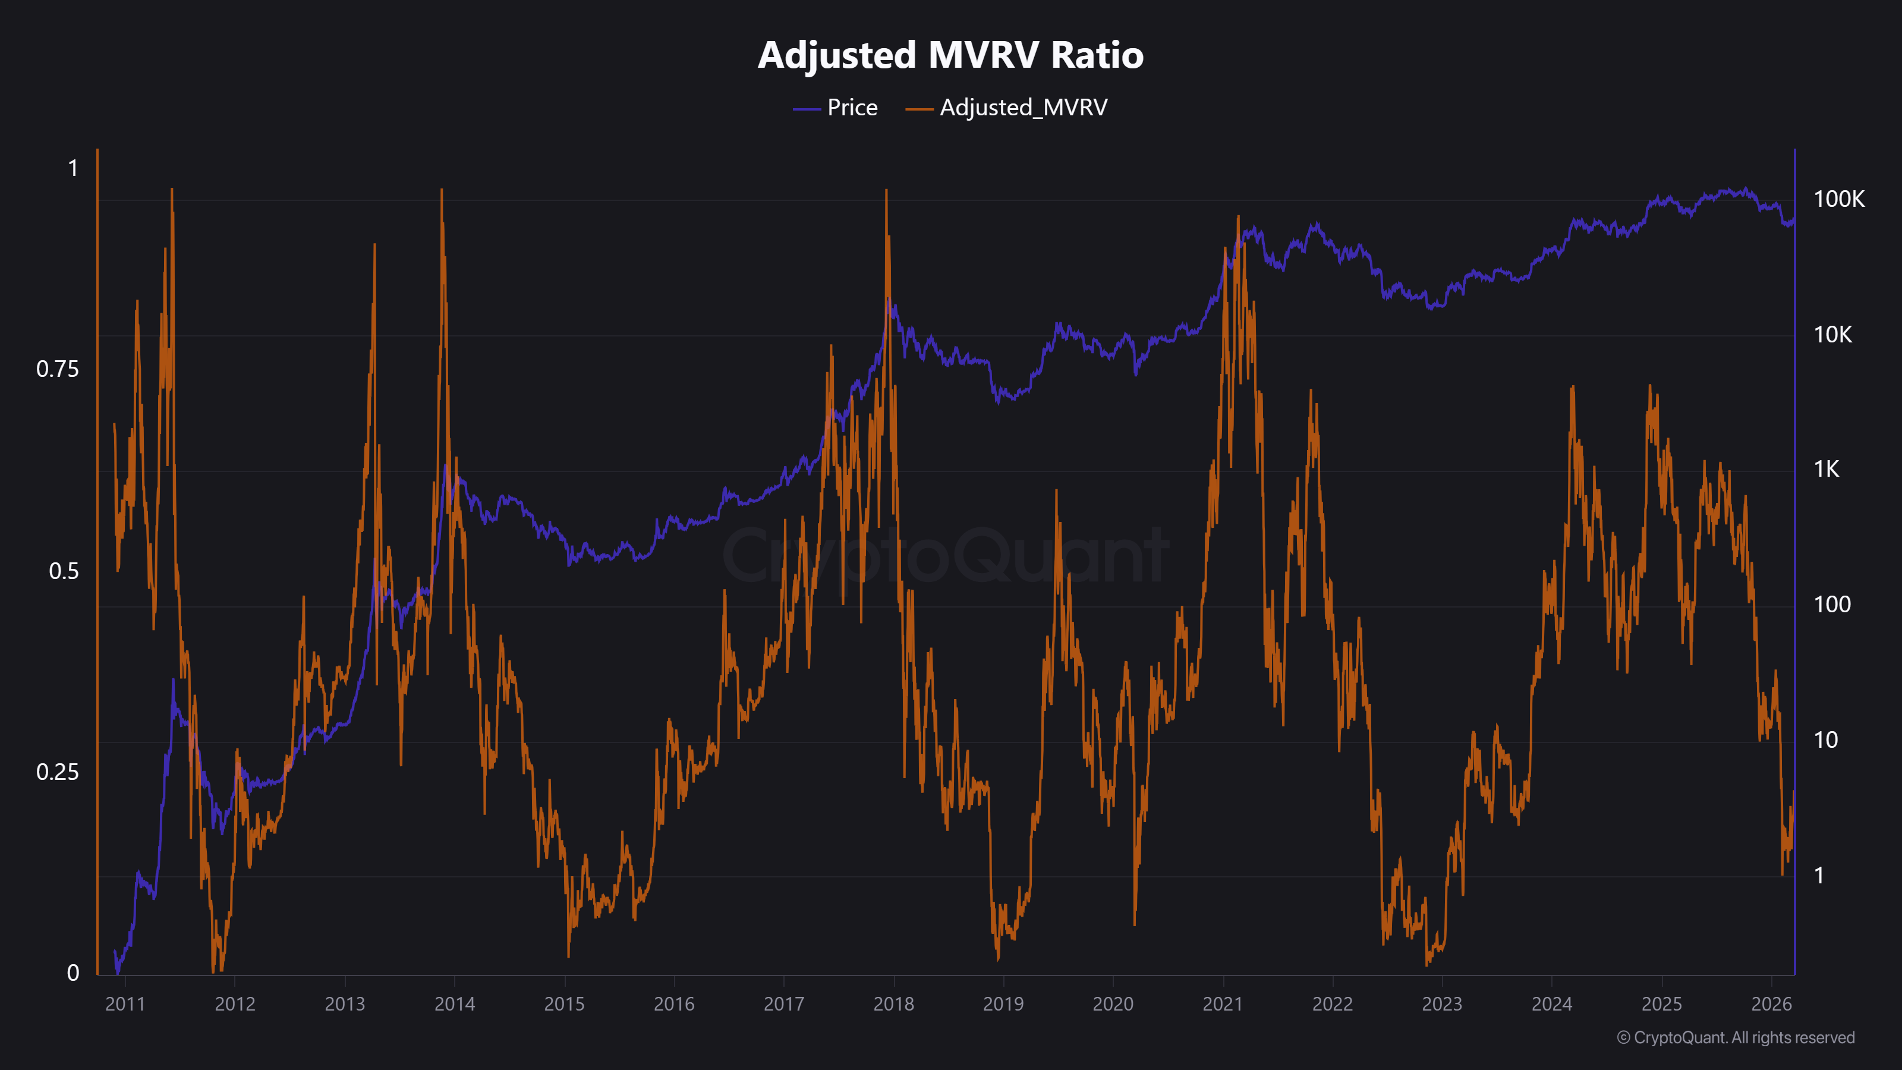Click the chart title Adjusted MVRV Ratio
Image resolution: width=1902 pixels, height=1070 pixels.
[950, 55]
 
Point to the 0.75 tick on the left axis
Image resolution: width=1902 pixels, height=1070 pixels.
[58, 369]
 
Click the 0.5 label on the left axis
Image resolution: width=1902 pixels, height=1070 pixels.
[64, 571]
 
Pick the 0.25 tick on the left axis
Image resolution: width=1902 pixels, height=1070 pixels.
[58, 772]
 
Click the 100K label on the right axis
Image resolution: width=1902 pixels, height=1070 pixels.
[1838, 199]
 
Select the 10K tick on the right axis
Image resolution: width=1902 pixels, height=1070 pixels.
[1832, 335]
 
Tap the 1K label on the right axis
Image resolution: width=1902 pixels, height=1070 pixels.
[1827, 470]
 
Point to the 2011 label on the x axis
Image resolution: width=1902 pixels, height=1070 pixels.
[125, 1004]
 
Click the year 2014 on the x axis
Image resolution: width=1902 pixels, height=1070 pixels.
[454, 1004]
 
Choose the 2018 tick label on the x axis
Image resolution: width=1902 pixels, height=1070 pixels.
[893, 1004]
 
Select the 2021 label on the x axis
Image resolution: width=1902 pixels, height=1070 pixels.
[1223, 1004]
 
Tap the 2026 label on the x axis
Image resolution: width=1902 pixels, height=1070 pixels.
[1771, 1004]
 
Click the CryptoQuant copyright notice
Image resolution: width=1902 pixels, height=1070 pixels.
[1735, 1037]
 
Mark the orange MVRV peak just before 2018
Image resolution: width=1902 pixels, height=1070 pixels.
[886, 192]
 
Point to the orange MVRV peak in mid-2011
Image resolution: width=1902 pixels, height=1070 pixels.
[172, 190]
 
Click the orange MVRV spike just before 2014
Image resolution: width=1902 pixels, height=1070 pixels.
[442, 191]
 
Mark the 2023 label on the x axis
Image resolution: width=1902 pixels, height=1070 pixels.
[1442, 1004]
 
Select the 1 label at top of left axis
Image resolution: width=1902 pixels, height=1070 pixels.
[73, 168]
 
